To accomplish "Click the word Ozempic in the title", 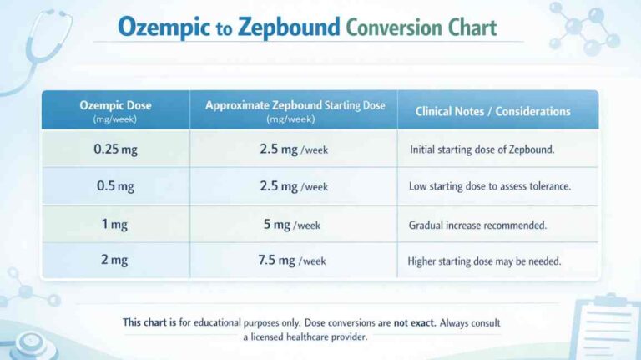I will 164,28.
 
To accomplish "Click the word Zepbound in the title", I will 289,28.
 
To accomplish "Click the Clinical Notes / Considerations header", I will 493,111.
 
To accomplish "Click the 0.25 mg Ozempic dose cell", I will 115,150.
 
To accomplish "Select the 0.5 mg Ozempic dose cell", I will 115,186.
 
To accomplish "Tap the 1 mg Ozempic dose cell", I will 115,224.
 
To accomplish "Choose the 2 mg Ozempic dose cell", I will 115,261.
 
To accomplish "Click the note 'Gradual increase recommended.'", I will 477,225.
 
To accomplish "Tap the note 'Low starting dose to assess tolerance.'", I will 489,187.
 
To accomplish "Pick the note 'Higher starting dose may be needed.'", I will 484,261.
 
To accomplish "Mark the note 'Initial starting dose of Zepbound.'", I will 482,150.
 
